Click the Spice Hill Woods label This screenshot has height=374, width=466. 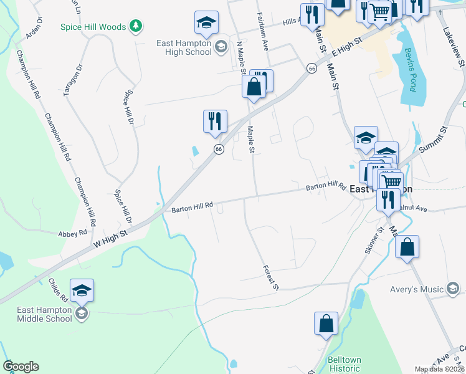pos(93,26)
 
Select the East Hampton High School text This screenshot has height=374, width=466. pos(184,47)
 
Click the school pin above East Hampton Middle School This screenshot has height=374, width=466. pos(82,290)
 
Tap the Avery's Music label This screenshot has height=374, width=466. pos(416,289)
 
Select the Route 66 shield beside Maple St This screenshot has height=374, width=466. pos(219,148)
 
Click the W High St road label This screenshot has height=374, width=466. pos(111,239)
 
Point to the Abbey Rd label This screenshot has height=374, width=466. pos(73,233)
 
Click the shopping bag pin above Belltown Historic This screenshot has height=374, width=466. pos(326,324)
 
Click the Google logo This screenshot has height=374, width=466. pos(21,367)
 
